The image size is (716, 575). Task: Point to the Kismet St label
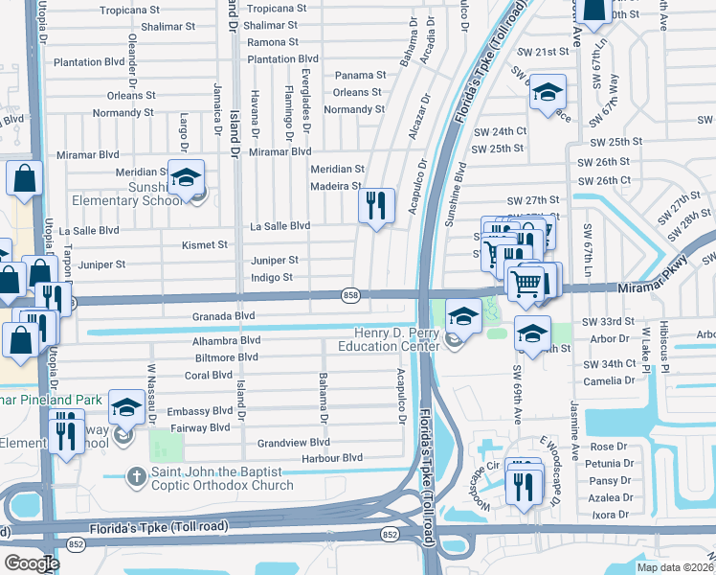coord(205,244)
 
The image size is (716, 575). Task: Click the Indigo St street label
coord(272,278)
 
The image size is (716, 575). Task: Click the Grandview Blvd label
coord(293,443)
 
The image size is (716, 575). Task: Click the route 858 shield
coord(351,296)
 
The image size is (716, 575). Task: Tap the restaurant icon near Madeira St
coord(375,205)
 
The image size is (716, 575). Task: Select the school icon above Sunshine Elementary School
coord(187,174)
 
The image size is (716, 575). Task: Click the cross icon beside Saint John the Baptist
coord(138,475)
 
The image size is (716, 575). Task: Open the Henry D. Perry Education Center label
coord(391,338)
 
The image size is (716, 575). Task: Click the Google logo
coord(31,563)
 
